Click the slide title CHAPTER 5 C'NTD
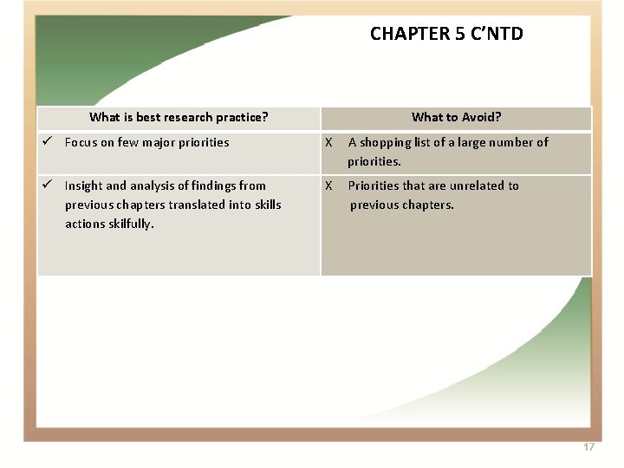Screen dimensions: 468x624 (446, 34)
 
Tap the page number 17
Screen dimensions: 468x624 (588, 447)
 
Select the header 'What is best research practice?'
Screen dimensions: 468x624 (179, 117)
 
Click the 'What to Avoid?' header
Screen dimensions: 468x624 (456, 117)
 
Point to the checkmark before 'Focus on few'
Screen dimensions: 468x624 (50, 142)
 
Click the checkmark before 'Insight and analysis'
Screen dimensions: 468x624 (50, 185)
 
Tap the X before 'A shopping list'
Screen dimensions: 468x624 (328, 142)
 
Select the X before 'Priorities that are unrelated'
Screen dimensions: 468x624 (328, 185)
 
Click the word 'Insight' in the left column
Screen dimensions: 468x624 (83, 185)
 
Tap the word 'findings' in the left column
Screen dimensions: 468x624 (213, 185)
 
